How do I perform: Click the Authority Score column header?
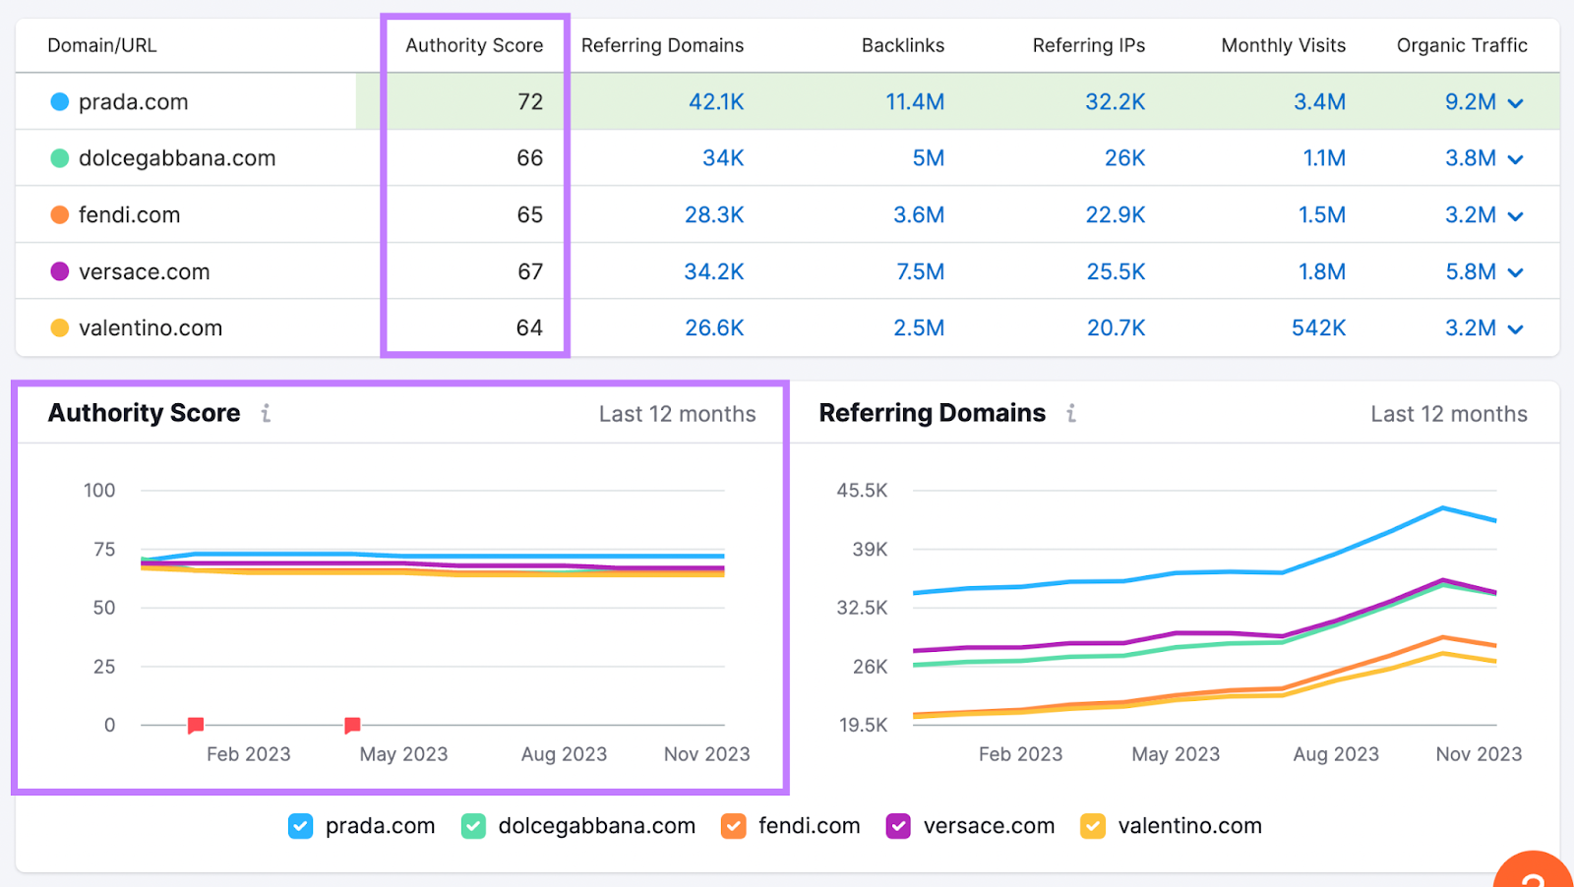coord(474,45)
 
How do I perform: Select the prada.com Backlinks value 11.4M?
coord(914,101)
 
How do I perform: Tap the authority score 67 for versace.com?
coord(530,271)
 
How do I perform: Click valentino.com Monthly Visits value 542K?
coord(1318,327)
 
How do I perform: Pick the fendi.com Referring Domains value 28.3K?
coord(714,214)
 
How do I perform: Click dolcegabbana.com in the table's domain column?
coord(177,157)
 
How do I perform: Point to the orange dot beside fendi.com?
coord(60,214)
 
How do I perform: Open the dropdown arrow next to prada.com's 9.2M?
coord(1516,103)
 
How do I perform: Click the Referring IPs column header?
coord(1088,45)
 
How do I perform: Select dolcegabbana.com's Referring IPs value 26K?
coord(1123,157)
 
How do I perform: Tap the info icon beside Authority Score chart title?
coord(266,413)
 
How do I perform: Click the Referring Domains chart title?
coord(932,413)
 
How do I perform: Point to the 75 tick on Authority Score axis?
coord(104,549)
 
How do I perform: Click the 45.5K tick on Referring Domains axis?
coord(862,490)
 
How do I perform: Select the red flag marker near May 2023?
coord(352,725)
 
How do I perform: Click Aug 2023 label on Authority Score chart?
coord(564,754)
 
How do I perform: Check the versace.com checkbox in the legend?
coord(898,826)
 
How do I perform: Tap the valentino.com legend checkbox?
coord(1092,826)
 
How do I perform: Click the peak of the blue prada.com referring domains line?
coord(1442,507)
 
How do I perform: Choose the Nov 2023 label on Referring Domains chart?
coord(1479,754)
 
